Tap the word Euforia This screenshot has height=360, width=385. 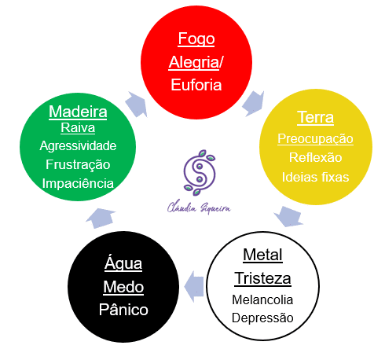pos(196,85)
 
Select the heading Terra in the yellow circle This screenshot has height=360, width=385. pos(315,118)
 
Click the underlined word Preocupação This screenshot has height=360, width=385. pos(315,139)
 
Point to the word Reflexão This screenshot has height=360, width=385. pos(315,158)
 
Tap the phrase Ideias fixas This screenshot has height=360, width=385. pos(315,177)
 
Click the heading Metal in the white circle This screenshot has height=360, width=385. pos(262,255)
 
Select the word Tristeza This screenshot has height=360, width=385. pos(262,278)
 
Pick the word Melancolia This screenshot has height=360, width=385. pos(262,299)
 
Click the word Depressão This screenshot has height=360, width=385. pos(262,318)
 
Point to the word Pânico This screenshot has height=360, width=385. pos(123,309)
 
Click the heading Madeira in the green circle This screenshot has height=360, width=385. pos(78,112)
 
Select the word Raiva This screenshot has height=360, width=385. pos(78,128)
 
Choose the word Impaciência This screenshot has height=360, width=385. pos(78,183)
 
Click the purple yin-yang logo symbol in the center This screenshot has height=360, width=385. pos(193,171)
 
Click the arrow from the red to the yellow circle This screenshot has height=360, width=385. pos(254,101)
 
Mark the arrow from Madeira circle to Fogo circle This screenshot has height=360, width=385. pos(137,102)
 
